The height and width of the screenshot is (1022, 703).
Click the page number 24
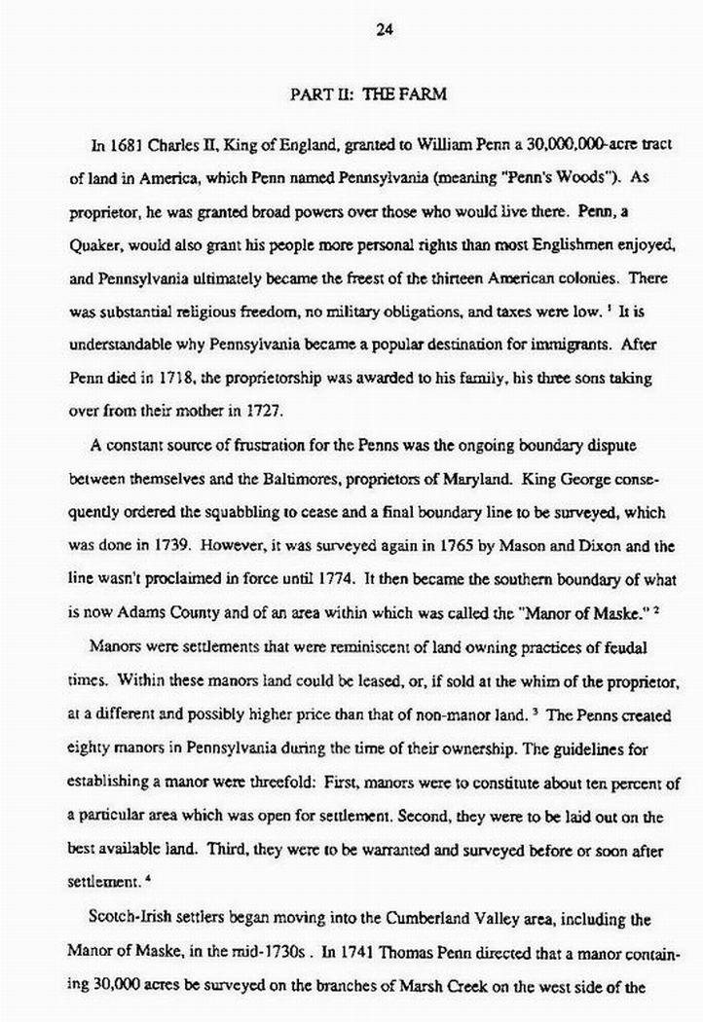(384, 29)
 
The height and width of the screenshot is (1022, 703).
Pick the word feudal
(629, 647)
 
